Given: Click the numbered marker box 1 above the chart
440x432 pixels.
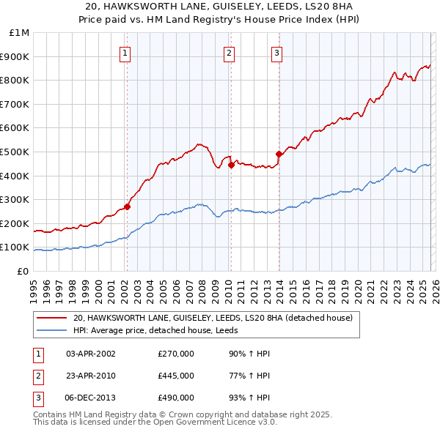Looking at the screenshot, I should tap(125, 52).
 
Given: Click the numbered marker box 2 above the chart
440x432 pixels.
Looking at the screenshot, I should tap(230, 52).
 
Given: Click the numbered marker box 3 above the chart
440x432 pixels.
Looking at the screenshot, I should tap(277, 52).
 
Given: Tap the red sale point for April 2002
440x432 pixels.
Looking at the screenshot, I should tap(127, 206).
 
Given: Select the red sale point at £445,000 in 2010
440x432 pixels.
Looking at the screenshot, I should tap(231, 165).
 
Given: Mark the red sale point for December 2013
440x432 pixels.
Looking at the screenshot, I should tap(279, 154).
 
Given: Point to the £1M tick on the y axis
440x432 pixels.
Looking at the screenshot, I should tap(20, 33).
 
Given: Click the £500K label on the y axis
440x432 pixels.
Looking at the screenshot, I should tap(16, 152).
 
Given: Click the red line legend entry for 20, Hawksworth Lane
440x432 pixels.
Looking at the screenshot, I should tap(213, 318).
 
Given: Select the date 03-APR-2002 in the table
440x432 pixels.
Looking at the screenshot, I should tap(91, 354).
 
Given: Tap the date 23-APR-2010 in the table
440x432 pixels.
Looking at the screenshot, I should tap(91, 376).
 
